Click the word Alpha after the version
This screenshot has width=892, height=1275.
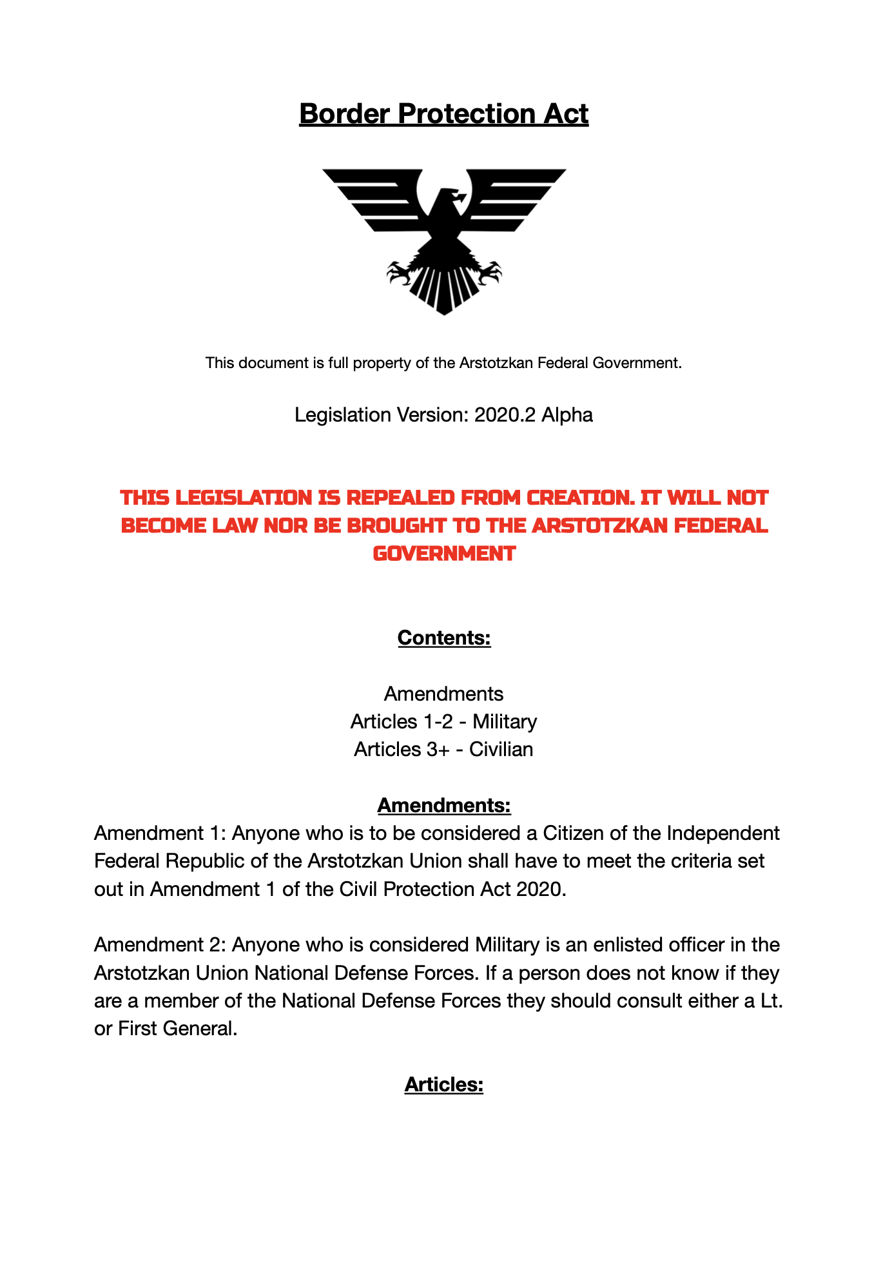[567, 415]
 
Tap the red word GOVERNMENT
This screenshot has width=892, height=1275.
[444, 553]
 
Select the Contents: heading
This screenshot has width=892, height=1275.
[444, 637]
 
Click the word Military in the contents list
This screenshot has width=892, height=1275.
[505, 722]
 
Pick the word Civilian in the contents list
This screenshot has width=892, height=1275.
[501, 750]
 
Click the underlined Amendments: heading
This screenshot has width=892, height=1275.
[444, 806]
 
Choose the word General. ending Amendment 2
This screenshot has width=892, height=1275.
[200, 1029]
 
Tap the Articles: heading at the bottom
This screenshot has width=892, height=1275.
[444, 1085]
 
